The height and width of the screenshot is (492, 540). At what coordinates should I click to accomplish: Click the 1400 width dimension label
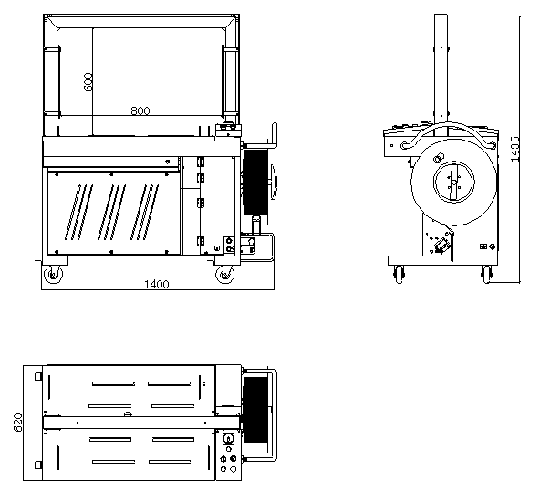point(156,284)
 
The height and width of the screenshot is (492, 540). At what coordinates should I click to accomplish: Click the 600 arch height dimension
point(88,81)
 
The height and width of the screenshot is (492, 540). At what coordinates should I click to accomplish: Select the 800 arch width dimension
point(140,111)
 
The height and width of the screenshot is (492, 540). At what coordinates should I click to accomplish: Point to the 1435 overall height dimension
point(514,149)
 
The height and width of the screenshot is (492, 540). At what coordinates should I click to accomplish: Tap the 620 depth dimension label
point(18,423)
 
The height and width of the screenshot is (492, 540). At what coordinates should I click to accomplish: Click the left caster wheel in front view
point(54,275)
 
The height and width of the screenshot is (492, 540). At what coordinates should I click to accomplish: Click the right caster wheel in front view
point(224,275)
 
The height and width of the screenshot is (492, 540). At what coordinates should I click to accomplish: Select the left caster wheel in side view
point(400,275)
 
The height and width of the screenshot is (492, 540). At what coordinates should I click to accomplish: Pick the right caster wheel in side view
point(486,275)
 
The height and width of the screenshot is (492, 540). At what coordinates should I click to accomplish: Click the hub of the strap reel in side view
point(454,182)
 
